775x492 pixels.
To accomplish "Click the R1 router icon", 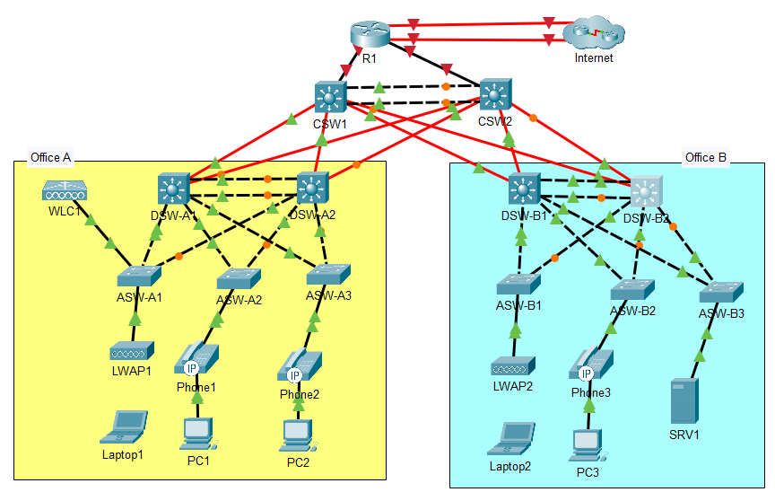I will (369, 35).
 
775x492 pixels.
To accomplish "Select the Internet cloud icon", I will (593, 35).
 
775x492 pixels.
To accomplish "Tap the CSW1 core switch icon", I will (330, 97).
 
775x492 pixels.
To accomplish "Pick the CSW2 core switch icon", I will (494, 94).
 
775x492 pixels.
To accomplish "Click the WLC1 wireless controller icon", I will (65, 190).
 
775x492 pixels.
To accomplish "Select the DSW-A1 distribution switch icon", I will (172, 189).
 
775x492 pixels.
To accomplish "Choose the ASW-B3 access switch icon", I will (722, 290).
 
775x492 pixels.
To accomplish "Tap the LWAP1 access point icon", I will (133, 350).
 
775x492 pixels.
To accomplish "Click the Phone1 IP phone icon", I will (197, 357).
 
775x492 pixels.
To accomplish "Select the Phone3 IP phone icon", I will (591, 364).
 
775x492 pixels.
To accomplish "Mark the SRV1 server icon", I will (684, 401).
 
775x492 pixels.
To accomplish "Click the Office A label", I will (50, 158).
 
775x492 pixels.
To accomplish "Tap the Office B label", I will (706, 158).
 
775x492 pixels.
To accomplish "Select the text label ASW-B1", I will (518, 305).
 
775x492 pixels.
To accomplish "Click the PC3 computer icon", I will (588, 444).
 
